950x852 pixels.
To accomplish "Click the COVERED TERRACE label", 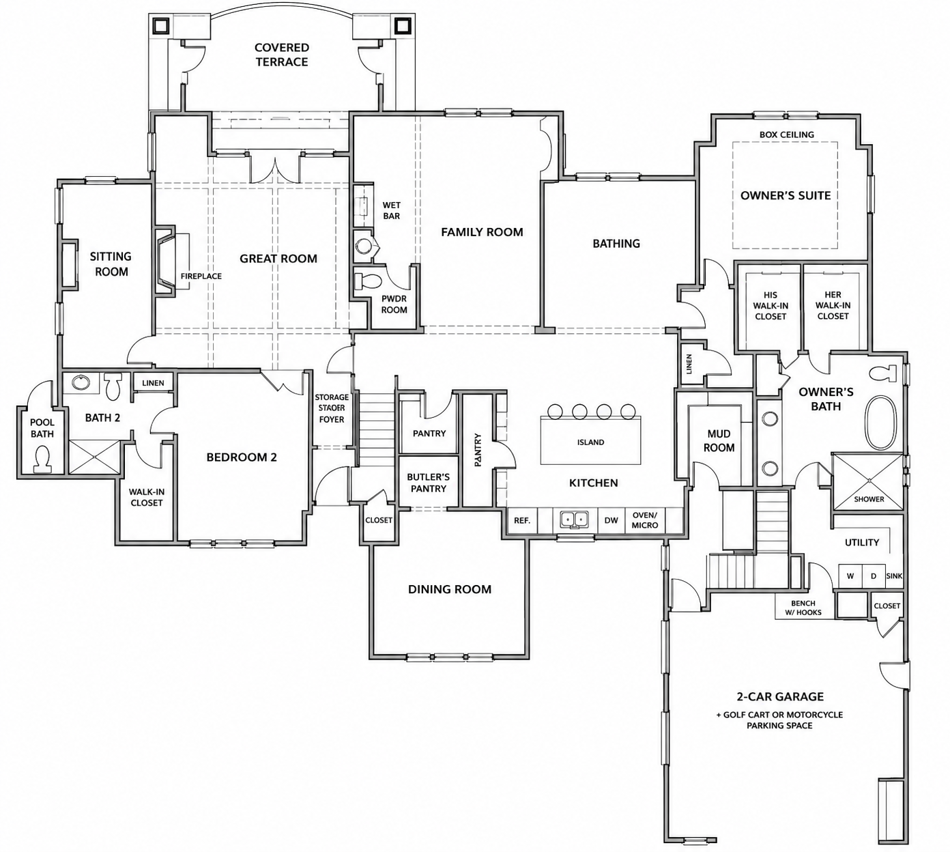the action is (282, 55).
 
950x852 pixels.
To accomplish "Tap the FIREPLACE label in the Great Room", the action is (201, 276).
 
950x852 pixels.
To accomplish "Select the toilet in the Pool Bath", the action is (42, 459).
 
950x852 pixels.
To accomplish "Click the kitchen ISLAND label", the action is (590, 442).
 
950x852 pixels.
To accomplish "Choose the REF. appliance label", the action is (522, 521).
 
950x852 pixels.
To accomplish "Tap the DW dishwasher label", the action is (611, 520).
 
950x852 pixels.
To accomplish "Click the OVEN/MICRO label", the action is (645, 520).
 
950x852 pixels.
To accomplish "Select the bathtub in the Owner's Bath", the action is (880, 423).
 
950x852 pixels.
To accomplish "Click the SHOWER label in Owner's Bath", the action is (869, 499).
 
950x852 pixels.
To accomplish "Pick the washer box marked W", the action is (850, 576).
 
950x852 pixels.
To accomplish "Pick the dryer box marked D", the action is (874, 576).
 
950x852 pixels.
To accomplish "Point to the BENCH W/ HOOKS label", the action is (803, 608).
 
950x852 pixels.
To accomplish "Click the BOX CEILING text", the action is (787, 134).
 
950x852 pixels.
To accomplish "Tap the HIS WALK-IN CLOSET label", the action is (771, 305).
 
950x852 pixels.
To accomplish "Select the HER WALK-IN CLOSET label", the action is (833, 305).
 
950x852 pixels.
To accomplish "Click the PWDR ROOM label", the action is (394, 304).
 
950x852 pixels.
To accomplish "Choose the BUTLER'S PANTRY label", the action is (428, 483).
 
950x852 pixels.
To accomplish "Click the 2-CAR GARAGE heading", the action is (780, 696).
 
